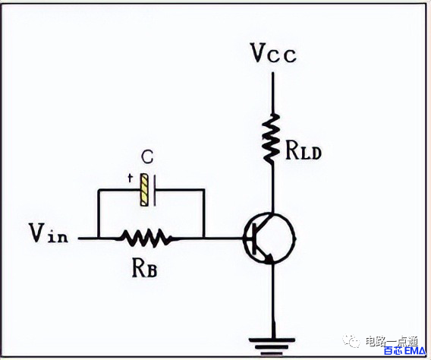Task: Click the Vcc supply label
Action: pyautogui.click(x=274, y=53)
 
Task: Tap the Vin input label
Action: pyautogui.click(x=49, y=232)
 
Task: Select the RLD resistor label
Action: pyautogui.click(x=304, y=150)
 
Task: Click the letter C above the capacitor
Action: pyautogui.click(x=147, y=157)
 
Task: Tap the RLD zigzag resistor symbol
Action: pyautogui.click(x=272, y=138)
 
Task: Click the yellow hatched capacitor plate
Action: pyautogui.click(x=144, y=190)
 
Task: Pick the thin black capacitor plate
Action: pyautogui.click(x=155, y=191)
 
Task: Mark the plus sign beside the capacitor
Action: pyautogui.click(x=130, y=178)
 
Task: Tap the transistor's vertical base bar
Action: pyautogui.click(x=254, y=238)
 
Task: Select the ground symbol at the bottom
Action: pyautogui.click(x=272, y=346)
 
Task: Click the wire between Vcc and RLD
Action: pyautogui.click(x=273, y=93)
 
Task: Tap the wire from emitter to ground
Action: pyautogui.click(x=273, y=301)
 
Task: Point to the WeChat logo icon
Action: pyautogui.click(x=351, y=341)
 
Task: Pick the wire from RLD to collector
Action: pyautogui.click(x=272, y=188)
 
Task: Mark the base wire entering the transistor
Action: pyautogui.click(x=224, y=238)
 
